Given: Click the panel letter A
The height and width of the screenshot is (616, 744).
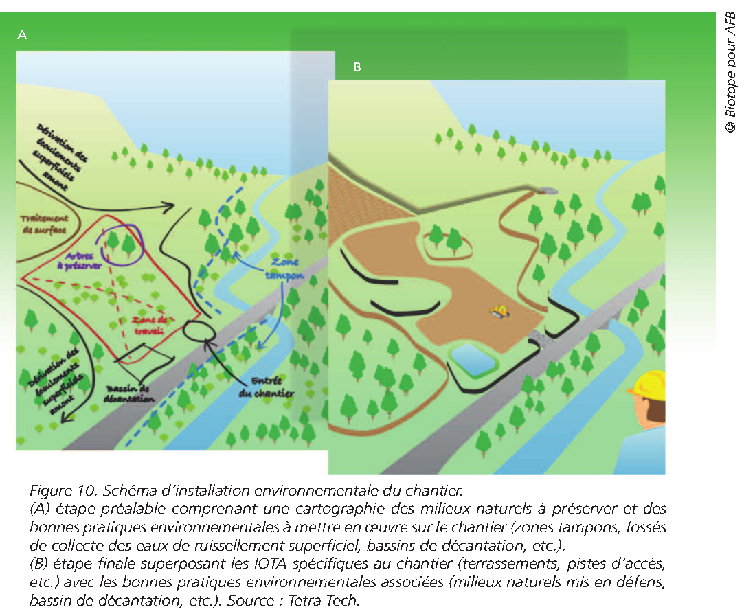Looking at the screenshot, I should point(22,35).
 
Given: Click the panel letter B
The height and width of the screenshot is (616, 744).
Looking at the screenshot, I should point(357,67).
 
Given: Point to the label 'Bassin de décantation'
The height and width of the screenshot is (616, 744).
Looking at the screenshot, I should point(131,393).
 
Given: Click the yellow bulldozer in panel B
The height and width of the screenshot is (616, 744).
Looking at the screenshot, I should point(499,312).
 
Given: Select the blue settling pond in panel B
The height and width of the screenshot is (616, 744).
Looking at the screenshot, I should point(474,358).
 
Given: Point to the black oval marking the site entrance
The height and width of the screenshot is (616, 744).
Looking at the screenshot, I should point(199,330).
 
